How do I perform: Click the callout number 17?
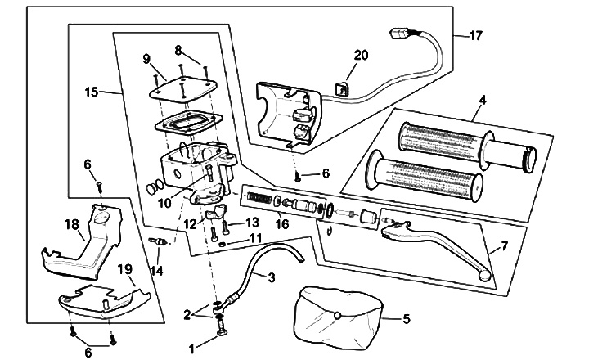(475, 36)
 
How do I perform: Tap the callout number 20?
(361, 56)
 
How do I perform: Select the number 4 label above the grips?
(483, 101)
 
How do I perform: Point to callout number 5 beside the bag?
(407, 319)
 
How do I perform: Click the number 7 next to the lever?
(504, 246)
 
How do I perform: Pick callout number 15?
(92, 92)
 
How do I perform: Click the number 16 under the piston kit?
(282, 224)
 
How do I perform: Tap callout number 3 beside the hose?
(272, 277)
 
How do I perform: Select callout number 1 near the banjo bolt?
(192, 349)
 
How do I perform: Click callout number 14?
(157, 271)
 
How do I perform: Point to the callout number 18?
(72, 225)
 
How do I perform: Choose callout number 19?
(125, 269)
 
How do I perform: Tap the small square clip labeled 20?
(340, 89)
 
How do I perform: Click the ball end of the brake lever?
(485, 277)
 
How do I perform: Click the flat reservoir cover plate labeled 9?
(182, 90)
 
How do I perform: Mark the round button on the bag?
(338, 316)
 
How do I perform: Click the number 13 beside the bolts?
(252, 223)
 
